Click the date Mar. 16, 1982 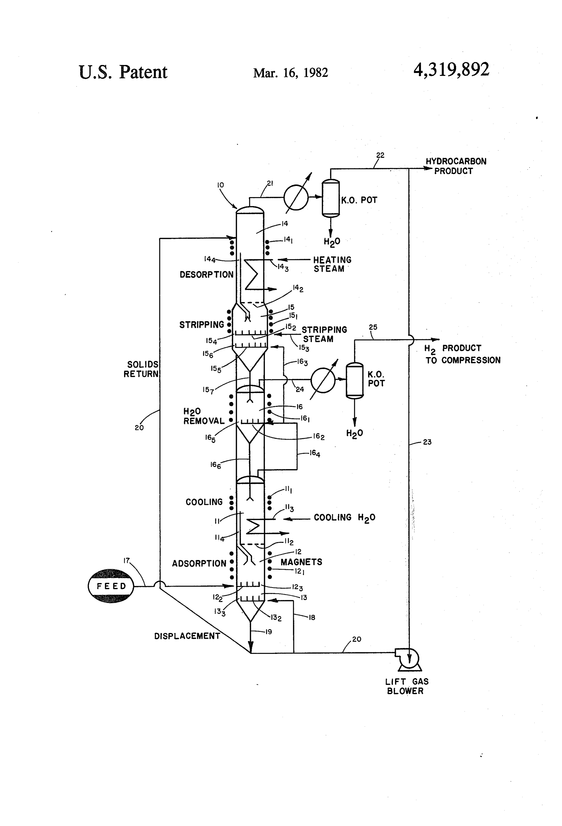291,73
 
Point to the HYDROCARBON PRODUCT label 456,166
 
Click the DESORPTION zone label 206,274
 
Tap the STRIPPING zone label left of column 202,325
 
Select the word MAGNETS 301,562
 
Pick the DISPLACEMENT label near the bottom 187,636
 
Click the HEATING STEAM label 332,264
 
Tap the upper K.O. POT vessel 331,198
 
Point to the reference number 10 220,185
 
